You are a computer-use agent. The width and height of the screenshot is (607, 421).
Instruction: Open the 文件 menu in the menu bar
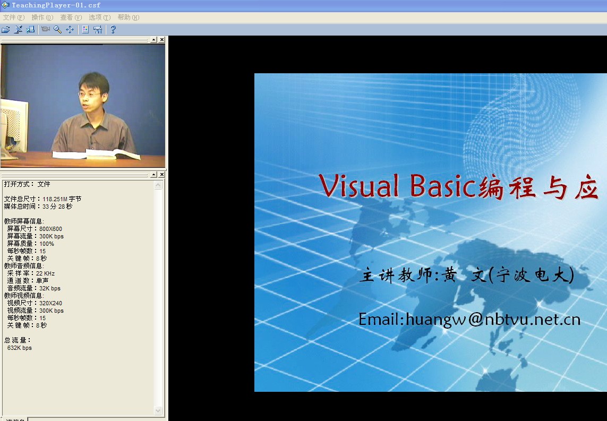[x=13, y=18]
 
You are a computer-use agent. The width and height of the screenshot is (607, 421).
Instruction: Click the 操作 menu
[x=42, y=18]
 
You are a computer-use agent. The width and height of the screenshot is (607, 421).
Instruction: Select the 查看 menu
[x=71, y=18]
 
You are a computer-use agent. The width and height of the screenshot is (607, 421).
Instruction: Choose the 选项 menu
[x=99, y=18]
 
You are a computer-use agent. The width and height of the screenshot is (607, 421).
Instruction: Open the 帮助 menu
[x=128, y=18]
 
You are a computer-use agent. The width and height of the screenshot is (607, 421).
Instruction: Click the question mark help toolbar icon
[x=113, y=30]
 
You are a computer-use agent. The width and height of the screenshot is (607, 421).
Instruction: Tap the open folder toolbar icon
[x=6, y=30]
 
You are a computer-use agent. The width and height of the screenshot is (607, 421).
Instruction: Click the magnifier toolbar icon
[x=57, y=30]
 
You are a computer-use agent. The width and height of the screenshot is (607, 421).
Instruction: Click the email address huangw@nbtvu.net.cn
[x=469, y=319]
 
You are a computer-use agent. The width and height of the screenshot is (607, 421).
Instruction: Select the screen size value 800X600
[x=50, y=229]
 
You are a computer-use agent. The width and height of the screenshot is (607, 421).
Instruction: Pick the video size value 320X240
[x=50, y=303]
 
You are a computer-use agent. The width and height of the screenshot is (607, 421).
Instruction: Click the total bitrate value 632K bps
[x=20, y=348]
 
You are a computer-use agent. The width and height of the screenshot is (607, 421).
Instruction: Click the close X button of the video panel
[x=162, y=40]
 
